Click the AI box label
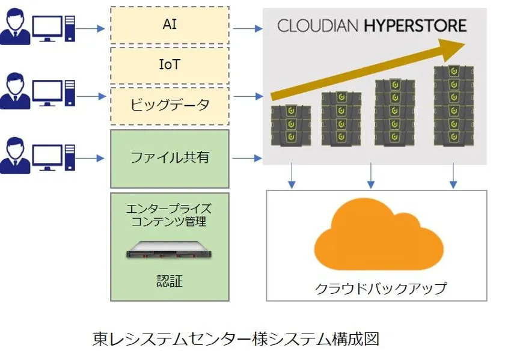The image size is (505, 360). click(x=170, y=24)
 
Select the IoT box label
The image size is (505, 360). click(x=170, y=64)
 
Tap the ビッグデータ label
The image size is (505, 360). click(x=170, y=105)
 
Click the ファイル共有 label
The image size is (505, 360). click(x=170, y=157)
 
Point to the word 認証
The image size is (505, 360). click(x=170, y=281)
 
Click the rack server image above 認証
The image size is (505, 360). click(x=169, y=250)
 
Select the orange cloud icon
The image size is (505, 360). click(x=379, y=234)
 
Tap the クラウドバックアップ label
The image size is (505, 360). click(x=381, y=288)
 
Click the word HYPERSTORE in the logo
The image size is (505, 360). click(x=415, y=26)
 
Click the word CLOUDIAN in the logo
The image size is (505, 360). click(x=317, y=26)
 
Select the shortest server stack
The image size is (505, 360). click(x=291, y=125)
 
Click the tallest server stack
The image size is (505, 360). click(x=454, y=106)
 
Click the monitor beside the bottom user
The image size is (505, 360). click(x=47, y=157)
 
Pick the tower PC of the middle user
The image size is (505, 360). click(x=70, y=93)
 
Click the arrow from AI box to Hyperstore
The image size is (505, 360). click(x=248, y=29)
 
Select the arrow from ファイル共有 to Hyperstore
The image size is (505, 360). click(x=247, y=158)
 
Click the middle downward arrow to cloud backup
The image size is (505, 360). click(x=371, y=176)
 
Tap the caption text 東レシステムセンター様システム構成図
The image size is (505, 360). click(x=236, y=339)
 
